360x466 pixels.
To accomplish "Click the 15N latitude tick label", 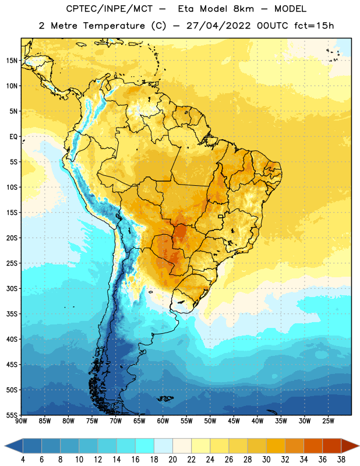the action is pos(12,61).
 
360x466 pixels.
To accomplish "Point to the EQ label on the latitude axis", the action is pos(13,137).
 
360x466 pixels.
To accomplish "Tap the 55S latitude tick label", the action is pos(12,415).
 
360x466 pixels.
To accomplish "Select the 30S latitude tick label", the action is pos(12,288).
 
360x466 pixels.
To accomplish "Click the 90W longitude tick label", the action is pos(21,421).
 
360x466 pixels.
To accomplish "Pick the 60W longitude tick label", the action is pos(163,421).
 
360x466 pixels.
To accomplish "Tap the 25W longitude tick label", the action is pos(328,421).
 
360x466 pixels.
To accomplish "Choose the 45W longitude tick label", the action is pos(234,421).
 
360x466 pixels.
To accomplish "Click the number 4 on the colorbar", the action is pos(23,460).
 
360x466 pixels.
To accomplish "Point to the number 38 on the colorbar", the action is pos(341,460).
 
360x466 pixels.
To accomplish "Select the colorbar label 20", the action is pos(172,460).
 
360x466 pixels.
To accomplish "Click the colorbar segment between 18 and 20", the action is pos(163,446).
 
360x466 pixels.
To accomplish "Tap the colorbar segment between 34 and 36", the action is pos(313,446).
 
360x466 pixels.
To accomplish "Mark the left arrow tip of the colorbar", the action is pos(5,446).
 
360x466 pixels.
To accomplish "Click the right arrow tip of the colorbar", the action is pos(359,446).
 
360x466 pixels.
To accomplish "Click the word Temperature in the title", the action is pos(114,26).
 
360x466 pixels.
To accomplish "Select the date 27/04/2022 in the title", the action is pos(218,26).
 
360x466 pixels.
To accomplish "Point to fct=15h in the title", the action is pos(314,26).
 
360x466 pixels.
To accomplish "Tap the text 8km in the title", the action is pos(243,9).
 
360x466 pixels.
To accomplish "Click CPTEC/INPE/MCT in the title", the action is pos(109,9).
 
